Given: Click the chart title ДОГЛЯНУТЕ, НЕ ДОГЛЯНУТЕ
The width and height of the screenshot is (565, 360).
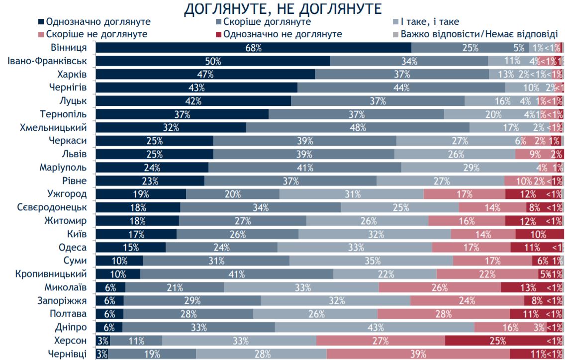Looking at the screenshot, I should coord(283,9).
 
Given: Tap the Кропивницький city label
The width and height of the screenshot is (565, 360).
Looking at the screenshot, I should coord(51,274).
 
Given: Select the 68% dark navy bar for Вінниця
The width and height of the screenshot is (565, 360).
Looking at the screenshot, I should coord(254,48).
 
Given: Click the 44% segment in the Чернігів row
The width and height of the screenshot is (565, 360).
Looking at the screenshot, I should coord(401,88).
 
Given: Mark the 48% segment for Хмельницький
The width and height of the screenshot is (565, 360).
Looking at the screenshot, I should coord(357,127).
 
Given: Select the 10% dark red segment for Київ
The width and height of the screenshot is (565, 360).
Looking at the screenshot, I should coord(539,234).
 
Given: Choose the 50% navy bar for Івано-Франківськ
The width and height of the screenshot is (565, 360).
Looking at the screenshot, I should coord(213,61).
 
